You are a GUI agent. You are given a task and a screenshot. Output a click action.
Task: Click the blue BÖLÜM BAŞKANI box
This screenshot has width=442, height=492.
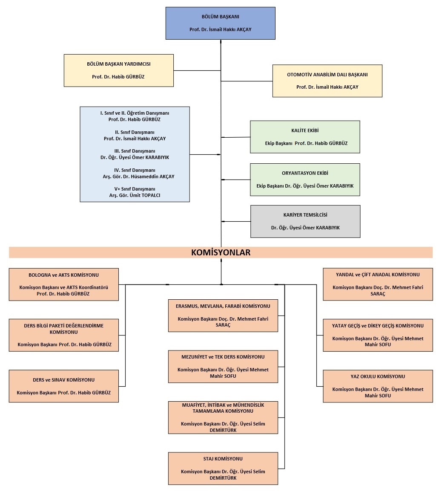(220, 23)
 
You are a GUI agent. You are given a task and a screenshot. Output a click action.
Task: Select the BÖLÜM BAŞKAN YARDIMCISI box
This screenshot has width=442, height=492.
(118, 70)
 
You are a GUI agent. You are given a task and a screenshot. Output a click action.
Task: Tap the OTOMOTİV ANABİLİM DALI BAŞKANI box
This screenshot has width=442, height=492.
(327, 81)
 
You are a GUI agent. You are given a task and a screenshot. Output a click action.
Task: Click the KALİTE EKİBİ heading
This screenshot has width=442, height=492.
(305, 130)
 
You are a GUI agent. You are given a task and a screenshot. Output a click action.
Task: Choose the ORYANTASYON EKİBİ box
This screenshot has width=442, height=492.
(305, 179)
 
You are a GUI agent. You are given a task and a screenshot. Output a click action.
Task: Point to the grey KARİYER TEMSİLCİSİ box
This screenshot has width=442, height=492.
(305, 221)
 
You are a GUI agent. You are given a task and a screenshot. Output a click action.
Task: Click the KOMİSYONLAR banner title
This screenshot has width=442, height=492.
(221, 252)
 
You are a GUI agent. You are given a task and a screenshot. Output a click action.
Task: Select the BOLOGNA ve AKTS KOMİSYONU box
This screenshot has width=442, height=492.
(63, 284)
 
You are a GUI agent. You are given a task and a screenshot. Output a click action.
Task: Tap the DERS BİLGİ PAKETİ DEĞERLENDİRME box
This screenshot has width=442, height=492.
(63, 335)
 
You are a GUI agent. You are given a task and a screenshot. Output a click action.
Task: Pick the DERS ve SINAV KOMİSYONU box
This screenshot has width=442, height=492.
(63, 386)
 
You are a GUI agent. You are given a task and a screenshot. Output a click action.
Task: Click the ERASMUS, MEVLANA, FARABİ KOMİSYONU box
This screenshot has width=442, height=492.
(223, 315)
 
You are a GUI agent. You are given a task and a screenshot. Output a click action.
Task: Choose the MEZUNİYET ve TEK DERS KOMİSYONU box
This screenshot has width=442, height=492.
(223, 366)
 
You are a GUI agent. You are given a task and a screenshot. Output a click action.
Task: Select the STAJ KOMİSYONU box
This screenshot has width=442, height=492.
(223, 469)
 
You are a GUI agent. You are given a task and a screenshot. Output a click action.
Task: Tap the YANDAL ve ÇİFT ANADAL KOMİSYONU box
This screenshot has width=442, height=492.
(378, 284)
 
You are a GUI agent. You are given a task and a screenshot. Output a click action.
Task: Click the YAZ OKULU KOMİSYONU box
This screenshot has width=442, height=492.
(378, 386)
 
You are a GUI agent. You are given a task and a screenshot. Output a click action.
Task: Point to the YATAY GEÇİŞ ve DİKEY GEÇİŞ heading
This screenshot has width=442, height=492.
(378, 326)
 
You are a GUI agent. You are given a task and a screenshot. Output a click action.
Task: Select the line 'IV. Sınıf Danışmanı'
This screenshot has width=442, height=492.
(135, 170)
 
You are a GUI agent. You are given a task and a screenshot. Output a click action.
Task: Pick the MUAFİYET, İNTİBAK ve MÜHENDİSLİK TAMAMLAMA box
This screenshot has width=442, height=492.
(223, 417)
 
